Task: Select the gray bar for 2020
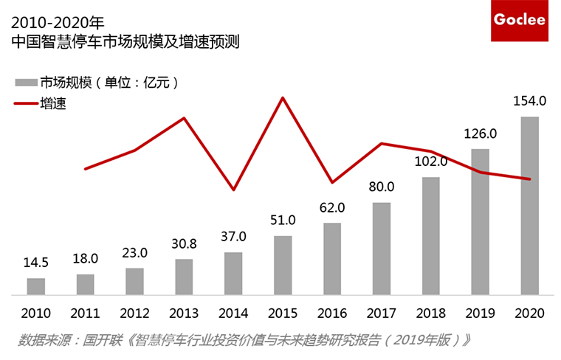(529, 206)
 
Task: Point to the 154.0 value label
(529, 101)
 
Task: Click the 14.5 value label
(36, 263)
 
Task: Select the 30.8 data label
(184, 243)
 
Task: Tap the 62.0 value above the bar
(332, 207)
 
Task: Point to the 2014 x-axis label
(233, 312)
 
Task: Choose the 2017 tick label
(382, 312)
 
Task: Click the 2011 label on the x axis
(86, 312)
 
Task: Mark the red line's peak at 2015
(283, 97)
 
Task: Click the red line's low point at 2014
(233, 190)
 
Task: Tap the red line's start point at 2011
(86, 169)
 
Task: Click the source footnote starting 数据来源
(244, 341)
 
